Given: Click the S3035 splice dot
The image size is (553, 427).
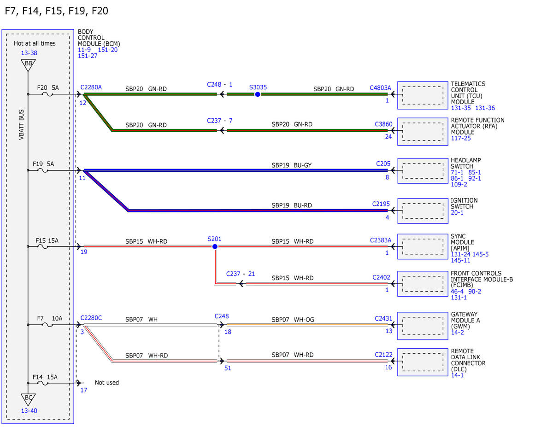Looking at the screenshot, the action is [258, 94].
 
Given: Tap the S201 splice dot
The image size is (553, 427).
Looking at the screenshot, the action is [215, 246].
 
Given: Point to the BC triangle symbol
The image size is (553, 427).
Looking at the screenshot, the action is [28, 399].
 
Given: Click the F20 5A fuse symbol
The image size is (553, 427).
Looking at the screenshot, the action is [47, 94].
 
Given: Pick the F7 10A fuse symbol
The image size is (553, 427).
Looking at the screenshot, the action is [47, 325].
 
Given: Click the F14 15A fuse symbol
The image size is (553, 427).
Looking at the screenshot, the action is [43, 383].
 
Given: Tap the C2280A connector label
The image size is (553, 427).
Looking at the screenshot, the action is [91, 87].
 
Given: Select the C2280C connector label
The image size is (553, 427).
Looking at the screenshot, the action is [91, 318].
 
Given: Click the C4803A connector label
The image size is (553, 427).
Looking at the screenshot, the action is [380, 88].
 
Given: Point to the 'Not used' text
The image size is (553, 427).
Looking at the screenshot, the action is [106, 382].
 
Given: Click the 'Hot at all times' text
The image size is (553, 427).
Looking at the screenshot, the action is [35, 43].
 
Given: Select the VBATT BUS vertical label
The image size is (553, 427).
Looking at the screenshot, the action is [21, 125].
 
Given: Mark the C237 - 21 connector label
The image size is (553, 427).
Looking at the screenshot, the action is [240, 274].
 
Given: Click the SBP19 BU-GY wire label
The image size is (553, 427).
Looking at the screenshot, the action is [291, 165].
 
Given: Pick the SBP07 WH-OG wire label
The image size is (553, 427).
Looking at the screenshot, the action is [293, 319].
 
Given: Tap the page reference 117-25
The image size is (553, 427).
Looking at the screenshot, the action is [461, 138].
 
